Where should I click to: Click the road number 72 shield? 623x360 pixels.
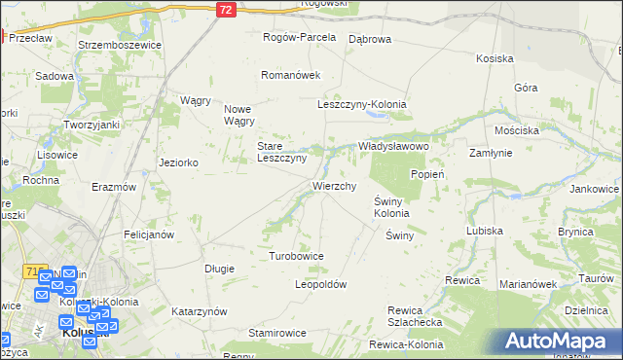point(226,9)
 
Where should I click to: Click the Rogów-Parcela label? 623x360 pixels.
point(300,37)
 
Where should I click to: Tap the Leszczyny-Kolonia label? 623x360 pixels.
point(362,104)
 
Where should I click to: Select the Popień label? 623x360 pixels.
point(427,174)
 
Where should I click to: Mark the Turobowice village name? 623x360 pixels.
point(296,256)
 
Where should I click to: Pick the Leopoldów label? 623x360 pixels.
point(321,284)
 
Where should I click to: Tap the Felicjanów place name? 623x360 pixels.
point(149,234)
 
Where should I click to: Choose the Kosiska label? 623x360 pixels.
point(495,58)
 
